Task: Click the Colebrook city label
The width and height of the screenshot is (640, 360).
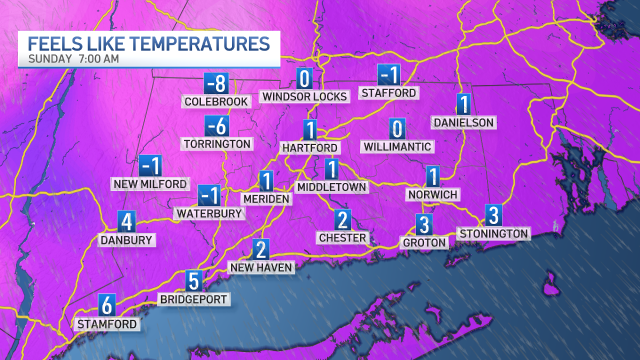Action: point(216,101)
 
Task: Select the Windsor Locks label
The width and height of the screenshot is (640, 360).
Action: point(305,97)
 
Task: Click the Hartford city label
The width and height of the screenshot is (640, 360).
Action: point(310,148)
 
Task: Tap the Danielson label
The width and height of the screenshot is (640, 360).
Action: point(463,123)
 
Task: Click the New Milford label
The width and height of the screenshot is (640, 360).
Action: point(150,184)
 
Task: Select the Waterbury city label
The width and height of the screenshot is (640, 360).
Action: point(209,213)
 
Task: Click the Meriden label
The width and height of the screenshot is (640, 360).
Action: point(267,199)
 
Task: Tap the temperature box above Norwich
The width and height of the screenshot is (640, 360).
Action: point(433,177)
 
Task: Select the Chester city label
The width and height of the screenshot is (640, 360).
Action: point(342,237)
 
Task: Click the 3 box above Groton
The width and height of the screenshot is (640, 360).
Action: point(424,225)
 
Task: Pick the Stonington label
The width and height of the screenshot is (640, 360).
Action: point(494,233)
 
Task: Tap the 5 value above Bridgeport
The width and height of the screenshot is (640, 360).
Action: point(194,281)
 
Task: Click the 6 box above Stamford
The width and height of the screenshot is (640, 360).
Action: point(107,306)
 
